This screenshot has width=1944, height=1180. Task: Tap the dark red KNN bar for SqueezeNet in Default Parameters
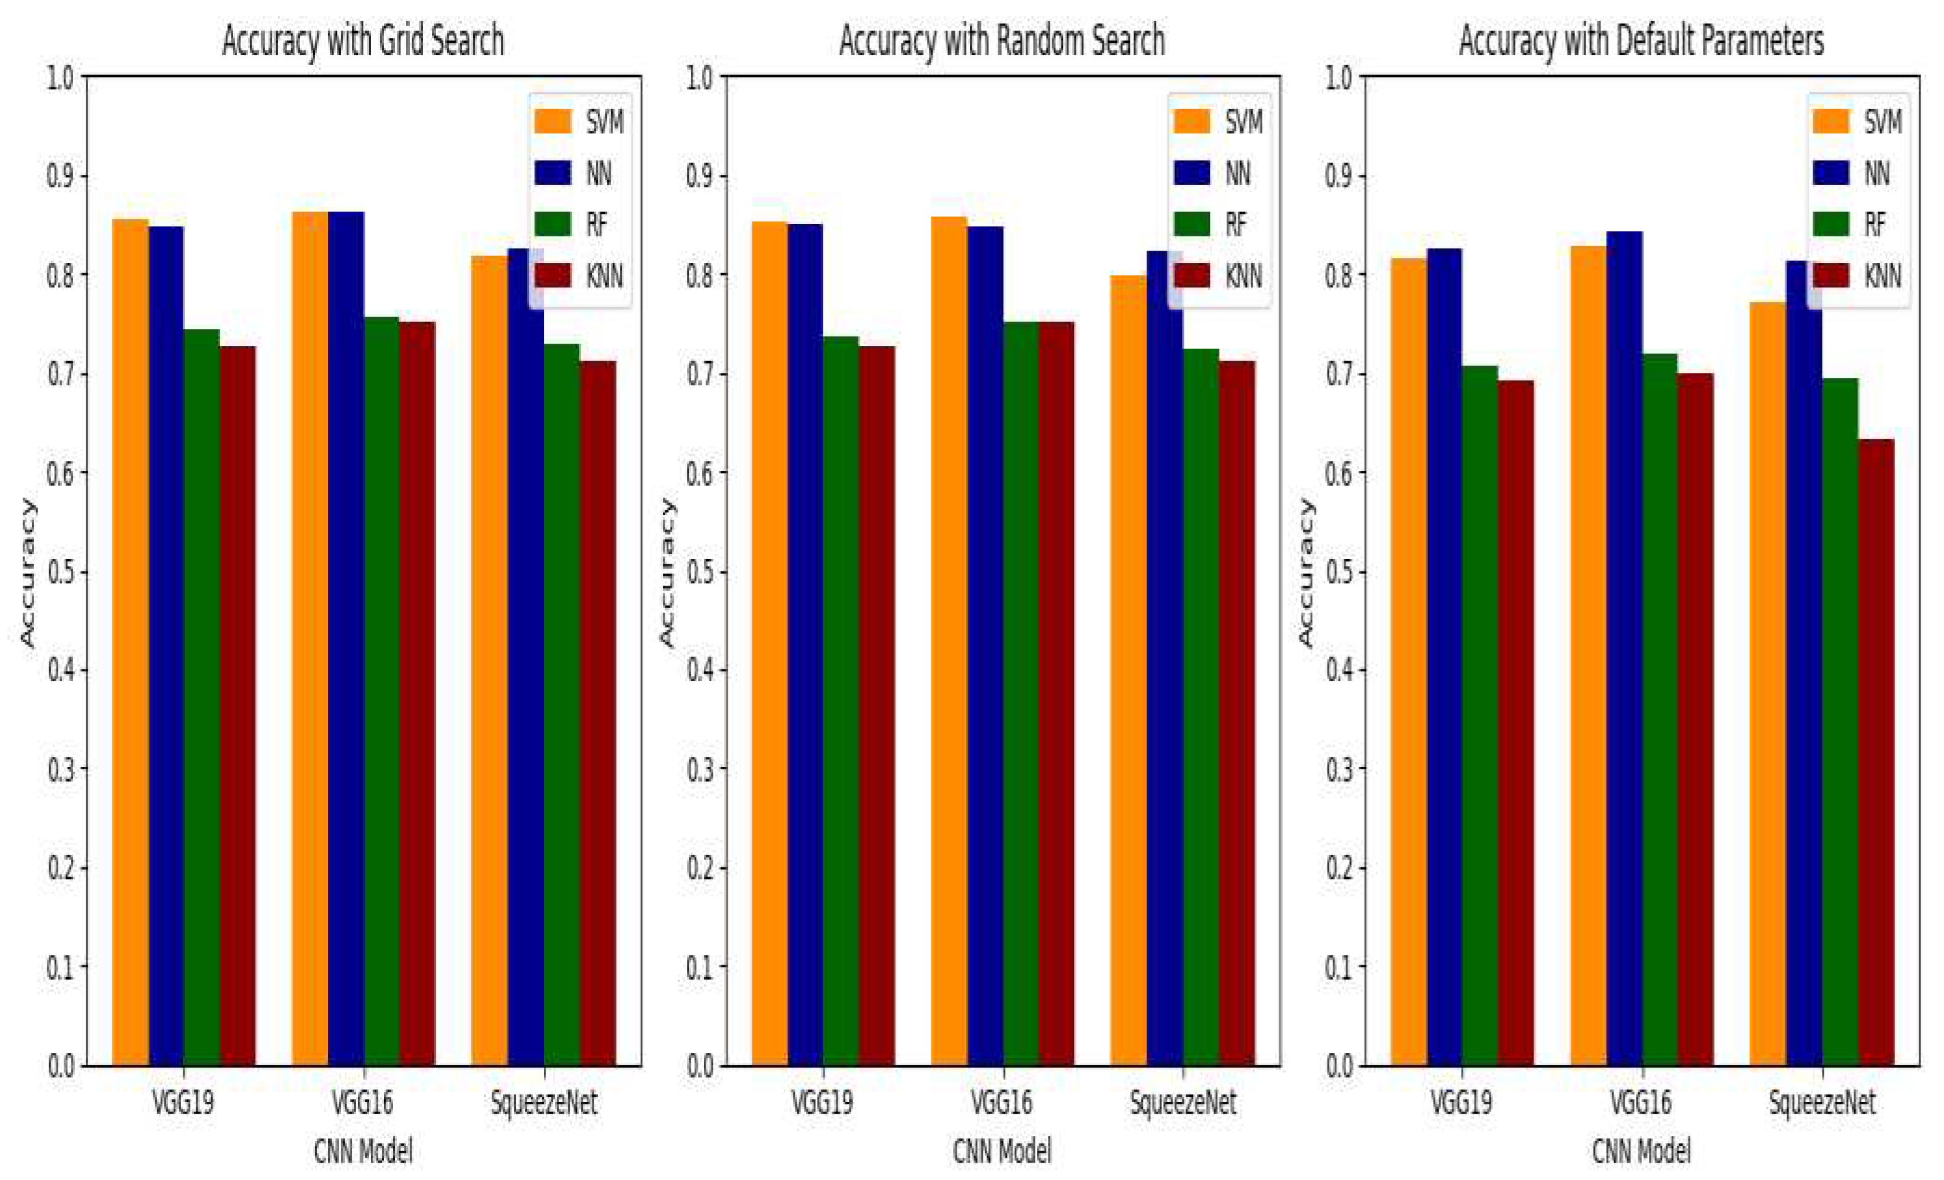(1876, 750)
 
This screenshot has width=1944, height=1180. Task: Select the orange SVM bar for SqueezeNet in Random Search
(1128, 671)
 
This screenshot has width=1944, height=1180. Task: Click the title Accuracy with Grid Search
(363, 41)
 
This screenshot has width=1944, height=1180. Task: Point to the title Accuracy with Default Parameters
(1641, 41)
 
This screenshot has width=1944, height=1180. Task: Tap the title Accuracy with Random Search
(1002, 41)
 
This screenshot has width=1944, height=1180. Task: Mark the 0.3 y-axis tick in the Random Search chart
(700, 769)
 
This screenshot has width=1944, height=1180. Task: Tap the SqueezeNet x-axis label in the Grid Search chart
(544, 1102)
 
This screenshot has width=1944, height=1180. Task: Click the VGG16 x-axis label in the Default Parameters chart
(1641, 1102)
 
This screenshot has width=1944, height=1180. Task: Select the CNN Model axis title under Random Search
(1002, 1151)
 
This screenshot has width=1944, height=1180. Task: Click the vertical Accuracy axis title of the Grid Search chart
(29, 572)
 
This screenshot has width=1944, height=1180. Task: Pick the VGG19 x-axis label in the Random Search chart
(822, 1102)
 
